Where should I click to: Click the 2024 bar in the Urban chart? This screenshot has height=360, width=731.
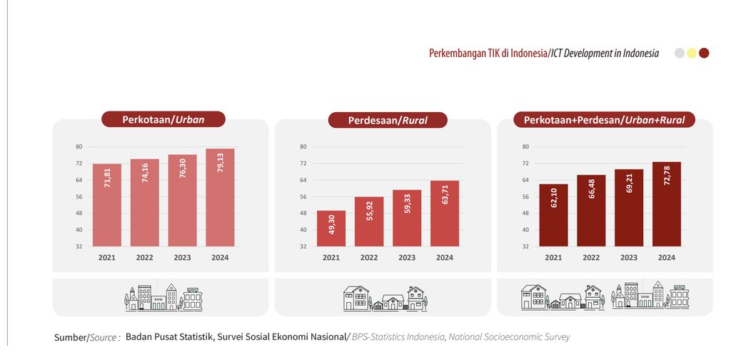[x=220, y=197]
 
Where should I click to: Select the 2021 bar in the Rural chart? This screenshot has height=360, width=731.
[x=331, y=229]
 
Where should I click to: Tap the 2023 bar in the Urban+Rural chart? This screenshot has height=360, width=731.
[x=629, y=208]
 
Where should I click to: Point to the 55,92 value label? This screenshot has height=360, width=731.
[x=370, y=210]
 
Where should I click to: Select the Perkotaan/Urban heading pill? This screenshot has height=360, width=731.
[x=163, y=119]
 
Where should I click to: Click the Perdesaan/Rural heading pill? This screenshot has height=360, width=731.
[x=388, y=120]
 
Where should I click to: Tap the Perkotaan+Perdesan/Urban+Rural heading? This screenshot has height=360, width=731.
[x=604, y=120]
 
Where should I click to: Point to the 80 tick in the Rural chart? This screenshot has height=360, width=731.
[x=303, y=146]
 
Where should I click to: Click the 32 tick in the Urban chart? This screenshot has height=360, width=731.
[x=79, y=246]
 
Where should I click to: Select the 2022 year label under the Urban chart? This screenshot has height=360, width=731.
[x=144, y=257]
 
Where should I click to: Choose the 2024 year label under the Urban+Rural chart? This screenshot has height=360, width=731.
[x=667, y=257]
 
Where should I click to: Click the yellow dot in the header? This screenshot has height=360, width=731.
[x=692, y=53]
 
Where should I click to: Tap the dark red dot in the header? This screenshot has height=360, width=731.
[x=704, y=53]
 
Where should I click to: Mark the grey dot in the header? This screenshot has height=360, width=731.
[x=680, y=53]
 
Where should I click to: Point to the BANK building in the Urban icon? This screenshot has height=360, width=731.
[x=158, y=302]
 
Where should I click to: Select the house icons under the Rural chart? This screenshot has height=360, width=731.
[x=385, y=298]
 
